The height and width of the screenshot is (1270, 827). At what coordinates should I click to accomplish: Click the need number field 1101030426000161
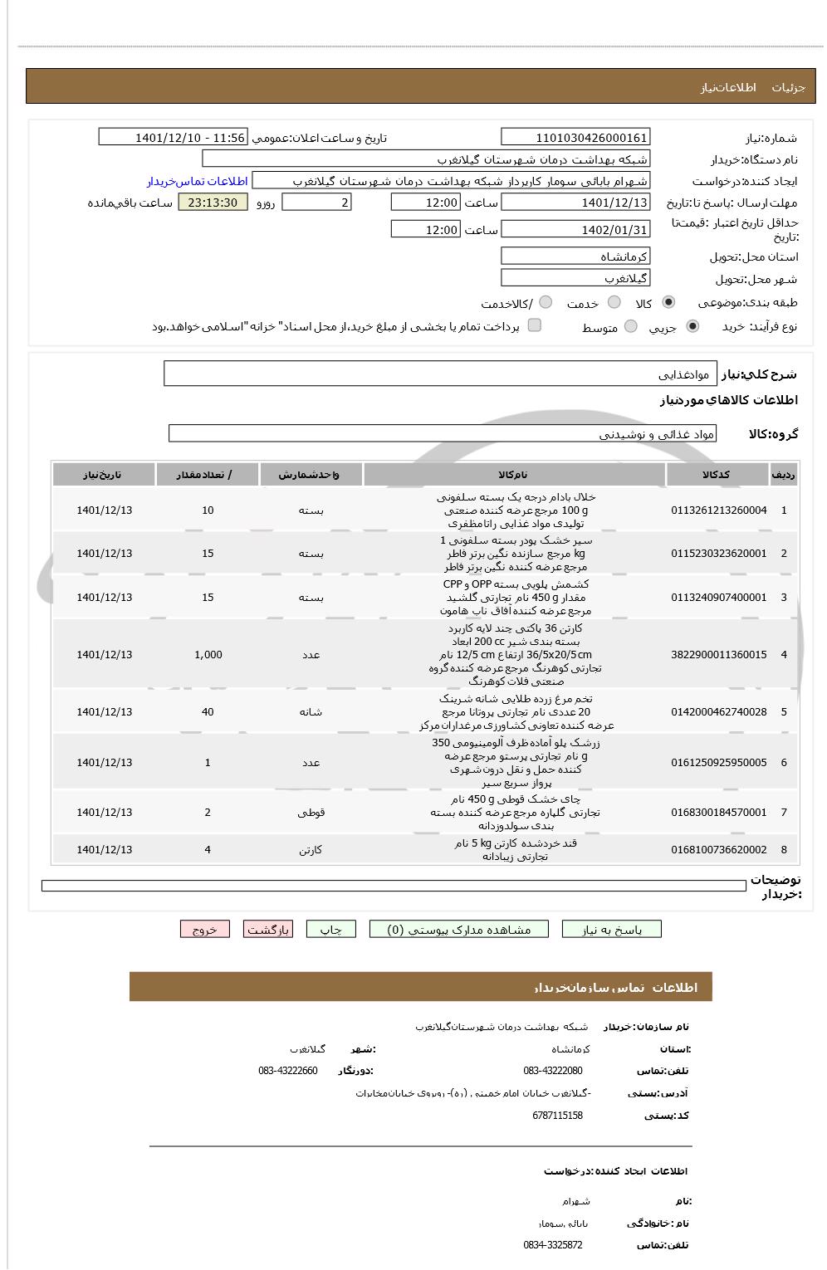(575, 138)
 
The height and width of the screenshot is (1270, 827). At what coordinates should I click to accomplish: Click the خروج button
(204, 930)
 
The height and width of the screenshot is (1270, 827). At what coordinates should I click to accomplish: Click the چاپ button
(330, 930)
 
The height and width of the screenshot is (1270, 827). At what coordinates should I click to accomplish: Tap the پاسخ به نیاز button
(611, 930)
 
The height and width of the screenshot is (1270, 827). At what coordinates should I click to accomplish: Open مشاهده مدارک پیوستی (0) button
(458, 930)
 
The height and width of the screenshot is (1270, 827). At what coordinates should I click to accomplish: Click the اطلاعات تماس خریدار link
(198, 181)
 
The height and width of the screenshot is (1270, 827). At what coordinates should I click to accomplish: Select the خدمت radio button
(614, 303)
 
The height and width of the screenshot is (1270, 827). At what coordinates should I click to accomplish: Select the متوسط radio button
(630, 327)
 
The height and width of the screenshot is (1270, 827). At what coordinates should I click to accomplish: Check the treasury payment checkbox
(535, 325)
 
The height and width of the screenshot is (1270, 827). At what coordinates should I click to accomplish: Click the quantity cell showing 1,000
(208, 655)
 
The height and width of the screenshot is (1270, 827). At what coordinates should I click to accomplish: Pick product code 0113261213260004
(718, 510)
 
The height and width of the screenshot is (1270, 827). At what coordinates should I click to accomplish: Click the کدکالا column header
(715, 475)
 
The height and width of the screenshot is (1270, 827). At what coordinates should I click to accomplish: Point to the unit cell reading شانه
(311, 712)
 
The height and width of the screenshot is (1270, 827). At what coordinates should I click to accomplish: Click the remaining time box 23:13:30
(213, 203)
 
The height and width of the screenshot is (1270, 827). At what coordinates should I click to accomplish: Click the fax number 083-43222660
(287, 1071)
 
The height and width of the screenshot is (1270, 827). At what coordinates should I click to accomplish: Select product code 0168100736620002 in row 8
(718, 850)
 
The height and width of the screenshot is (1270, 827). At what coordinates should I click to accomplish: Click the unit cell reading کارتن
(311, 850)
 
